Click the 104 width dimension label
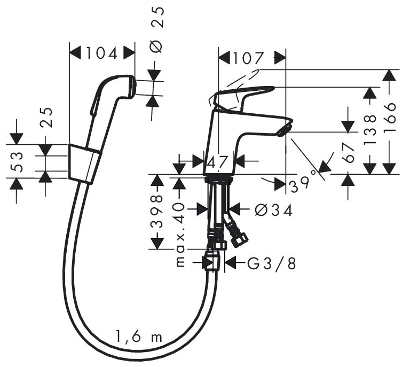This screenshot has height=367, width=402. (102, 53)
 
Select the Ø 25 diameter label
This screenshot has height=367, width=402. (156, 30)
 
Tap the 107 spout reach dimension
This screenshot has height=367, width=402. (248, 58)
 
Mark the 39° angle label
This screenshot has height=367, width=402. (303, 183)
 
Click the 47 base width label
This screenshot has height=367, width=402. (217, 162)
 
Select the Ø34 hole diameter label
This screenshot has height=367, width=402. (274, 210)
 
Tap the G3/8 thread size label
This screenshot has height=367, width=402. (272, 263)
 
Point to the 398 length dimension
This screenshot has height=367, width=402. (156, 212)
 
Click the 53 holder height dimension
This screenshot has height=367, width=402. (17, 161)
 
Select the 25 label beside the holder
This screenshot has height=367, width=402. (46, 117)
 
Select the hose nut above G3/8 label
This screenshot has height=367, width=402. (212, 261)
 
